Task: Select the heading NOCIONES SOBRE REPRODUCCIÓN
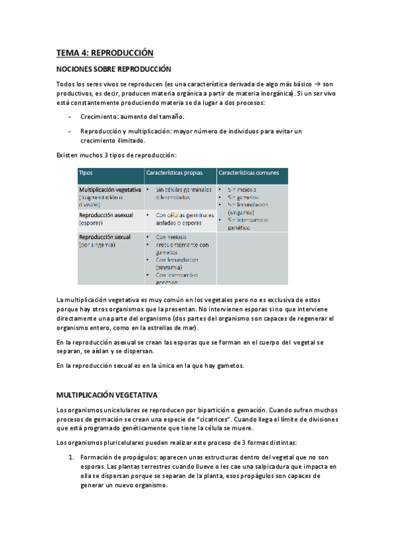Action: [x=113, y=69]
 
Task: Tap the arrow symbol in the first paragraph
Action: [x=319, y=84]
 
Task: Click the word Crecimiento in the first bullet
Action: [x=100, y=116]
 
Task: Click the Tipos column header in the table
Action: [x=86, y=173]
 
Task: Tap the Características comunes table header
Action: [x=249, y=173]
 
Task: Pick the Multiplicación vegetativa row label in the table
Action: [x=109, y=189]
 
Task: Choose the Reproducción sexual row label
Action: [x=104, y=237]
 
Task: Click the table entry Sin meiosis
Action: [x=242, y=190]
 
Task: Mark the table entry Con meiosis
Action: [x=171, y=237]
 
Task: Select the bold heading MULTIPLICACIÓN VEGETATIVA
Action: [x=106, y=395]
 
